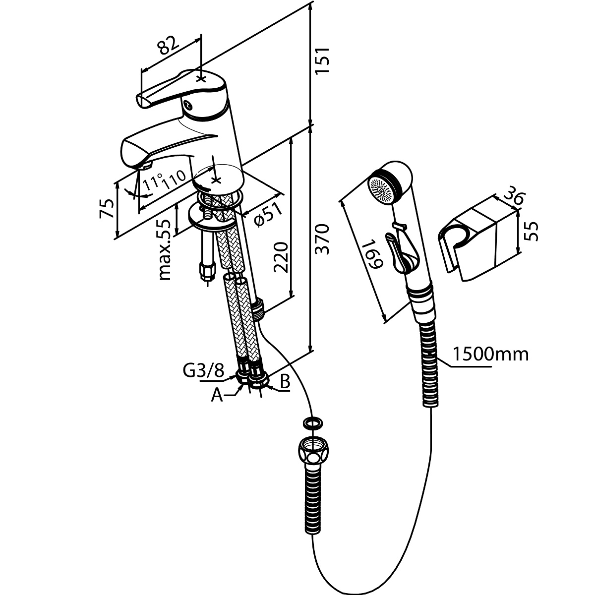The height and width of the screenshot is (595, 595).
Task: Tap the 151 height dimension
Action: tap(322, 60)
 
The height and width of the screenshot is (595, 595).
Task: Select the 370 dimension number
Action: tap(322, 239)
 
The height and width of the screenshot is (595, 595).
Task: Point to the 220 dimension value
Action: tap(281, 257)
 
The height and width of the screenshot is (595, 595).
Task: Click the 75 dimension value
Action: tap(107, 209)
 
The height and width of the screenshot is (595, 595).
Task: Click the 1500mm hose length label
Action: tap(491, 355)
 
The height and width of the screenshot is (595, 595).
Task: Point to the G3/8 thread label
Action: tap(203, 371)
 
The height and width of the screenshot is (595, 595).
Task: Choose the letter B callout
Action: tap(285, 382)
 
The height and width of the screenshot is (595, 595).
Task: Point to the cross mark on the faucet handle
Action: tap(201, 79)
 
